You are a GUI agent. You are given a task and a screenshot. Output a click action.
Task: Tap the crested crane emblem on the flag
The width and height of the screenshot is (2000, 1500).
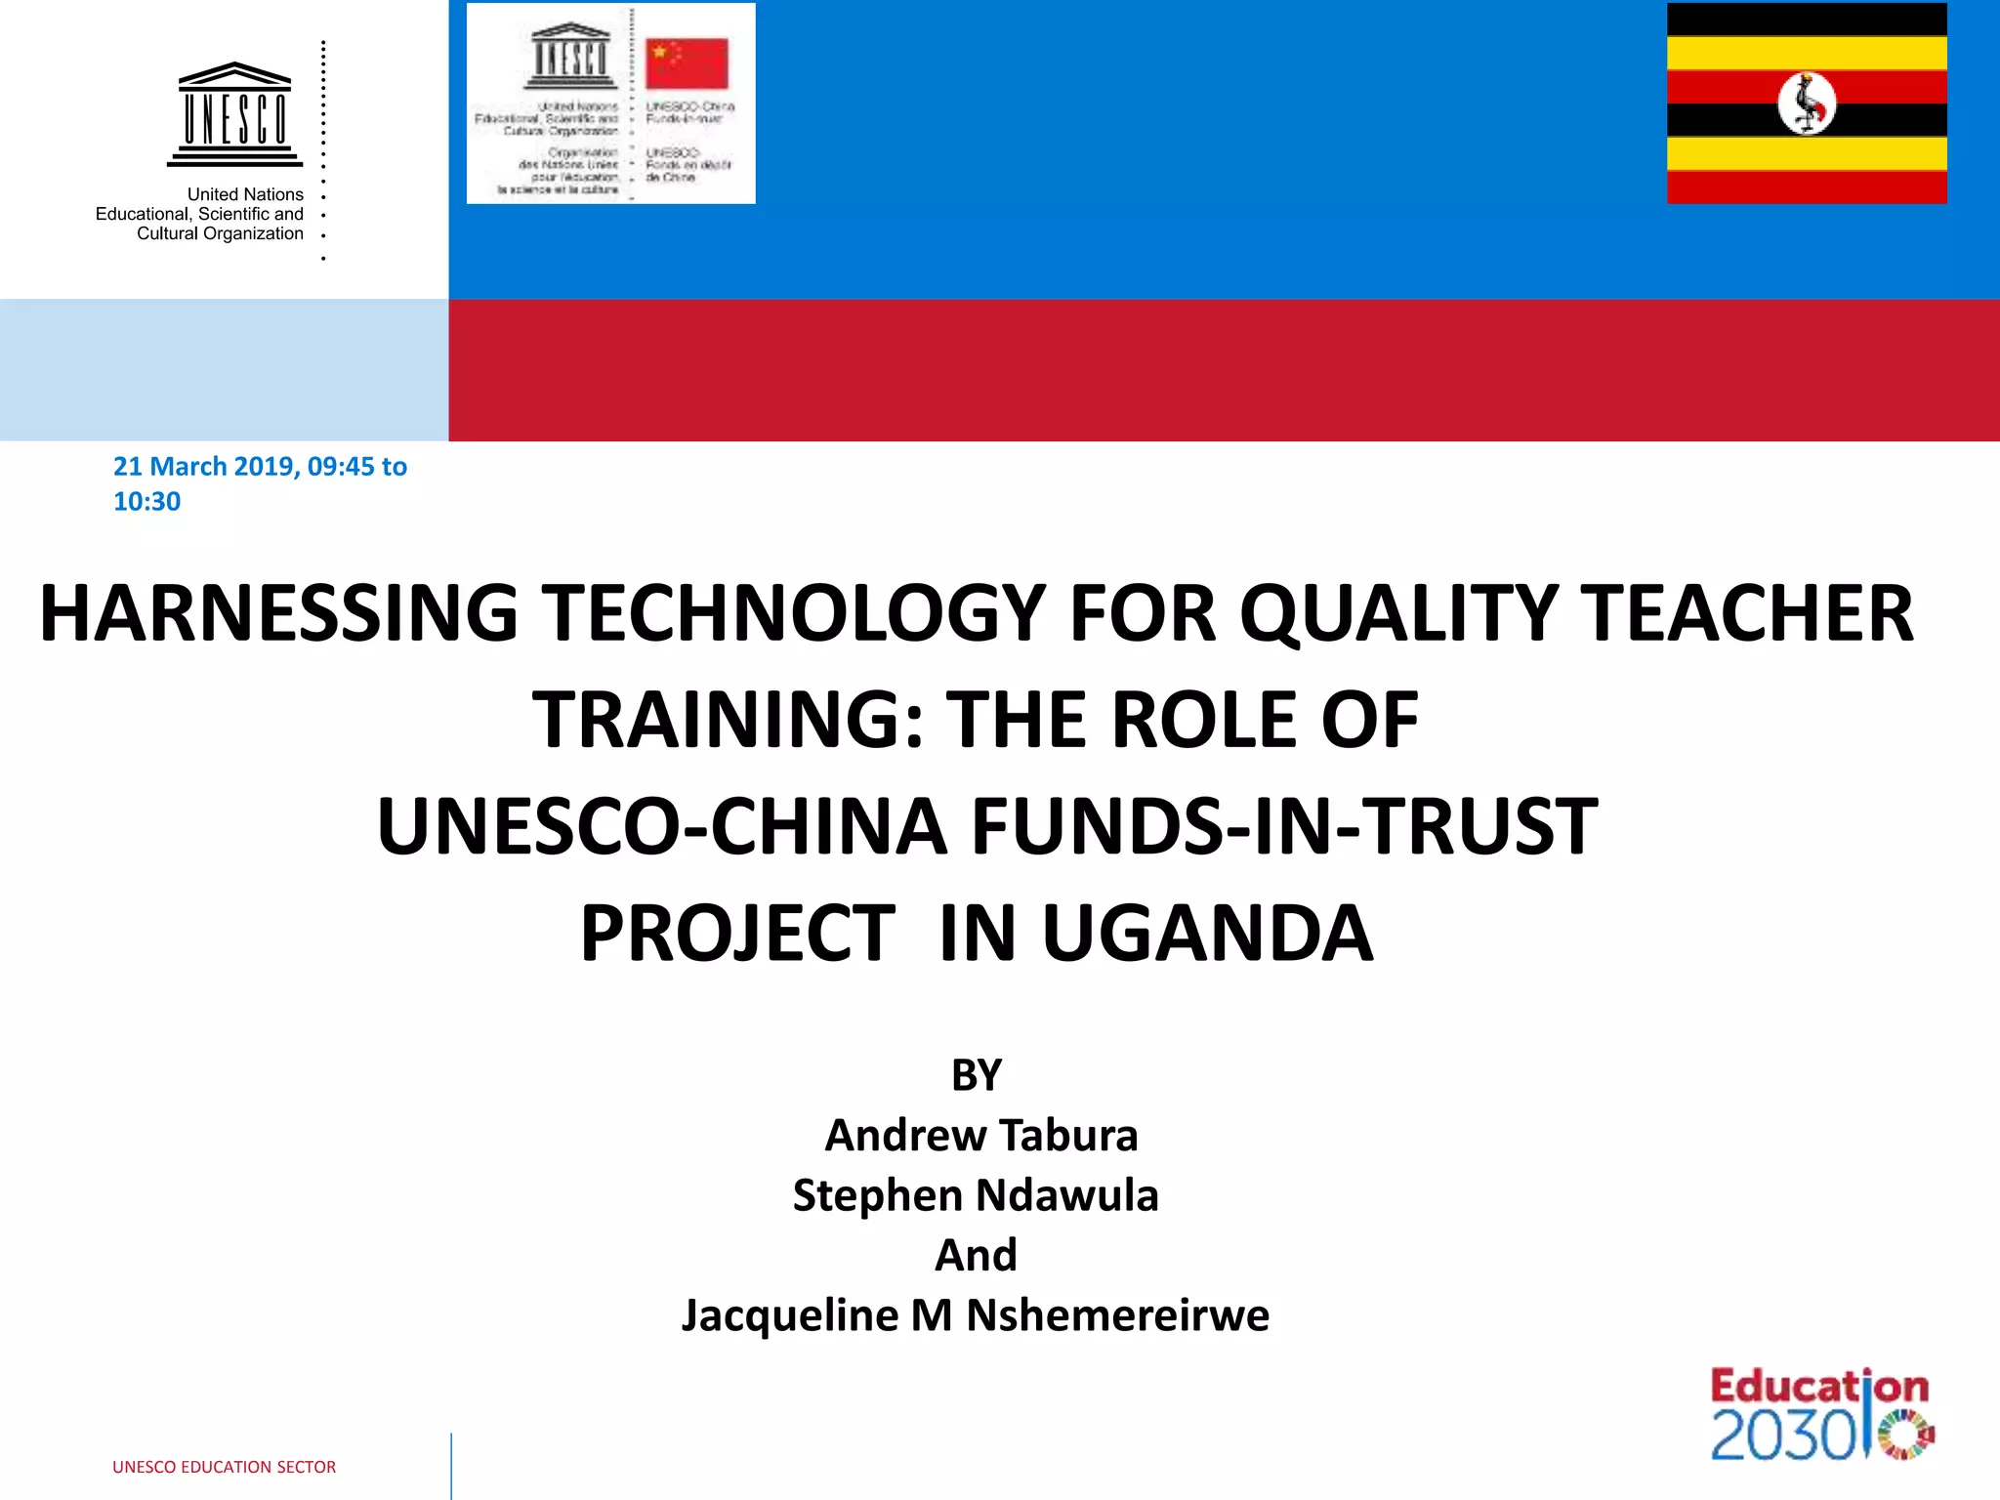tap(1807, 104)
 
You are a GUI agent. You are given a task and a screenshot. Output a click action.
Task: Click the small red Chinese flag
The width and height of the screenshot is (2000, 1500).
tap(687, 63)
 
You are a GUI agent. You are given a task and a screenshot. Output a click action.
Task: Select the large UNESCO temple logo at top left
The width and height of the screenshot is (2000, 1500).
tap(234, 114)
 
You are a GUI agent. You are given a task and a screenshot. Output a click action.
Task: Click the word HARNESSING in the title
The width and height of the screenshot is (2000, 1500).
tap(279, 613)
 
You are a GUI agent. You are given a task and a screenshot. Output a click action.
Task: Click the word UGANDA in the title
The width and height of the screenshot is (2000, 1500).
tap(1207, 934)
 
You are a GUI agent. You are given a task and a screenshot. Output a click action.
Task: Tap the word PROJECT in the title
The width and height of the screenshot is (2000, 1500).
tap(738, 934)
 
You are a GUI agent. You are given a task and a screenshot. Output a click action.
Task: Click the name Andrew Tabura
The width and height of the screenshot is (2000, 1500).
tap(981, 1136)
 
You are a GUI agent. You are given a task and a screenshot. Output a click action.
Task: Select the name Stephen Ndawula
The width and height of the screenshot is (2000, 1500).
tap(976, 1195)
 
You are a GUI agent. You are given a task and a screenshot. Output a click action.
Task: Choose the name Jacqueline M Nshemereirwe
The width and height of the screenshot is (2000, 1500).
tap(976, 1315)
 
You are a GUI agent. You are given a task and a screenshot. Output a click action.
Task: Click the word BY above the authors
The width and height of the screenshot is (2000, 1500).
tap(977, 1075)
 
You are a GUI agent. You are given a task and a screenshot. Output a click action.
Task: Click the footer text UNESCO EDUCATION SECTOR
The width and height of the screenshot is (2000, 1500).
tap(224, 1467)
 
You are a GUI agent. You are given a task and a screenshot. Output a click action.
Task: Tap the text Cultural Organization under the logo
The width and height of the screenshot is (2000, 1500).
tap(220, 233)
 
